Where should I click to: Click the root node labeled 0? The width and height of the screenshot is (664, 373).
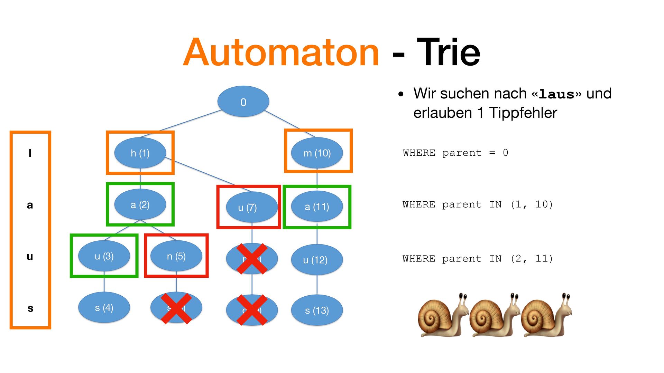[x=243, y=102]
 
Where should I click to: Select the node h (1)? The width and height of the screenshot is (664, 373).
[x=140, y=153]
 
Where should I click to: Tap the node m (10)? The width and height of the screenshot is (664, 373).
[x=317, y=153]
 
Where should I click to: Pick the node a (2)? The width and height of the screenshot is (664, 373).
[x=140, y=204]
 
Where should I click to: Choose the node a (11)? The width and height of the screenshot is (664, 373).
[x=317, y=207]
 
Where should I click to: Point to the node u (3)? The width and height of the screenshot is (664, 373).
[x=104, y=256]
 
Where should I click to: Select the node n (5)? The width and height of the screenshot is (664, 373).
[x=176, y=256]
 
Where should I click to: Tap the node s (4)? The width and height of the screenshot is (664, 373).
[x=104, y=307]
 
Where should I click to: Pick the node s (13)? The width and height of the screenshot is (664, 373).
[x=317, y=310]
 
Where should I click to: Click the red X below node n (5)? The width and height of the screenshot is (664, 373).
[x=176, y=308]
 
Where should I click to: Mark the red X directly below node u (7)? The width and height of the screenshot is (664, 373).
[x=252, y=259]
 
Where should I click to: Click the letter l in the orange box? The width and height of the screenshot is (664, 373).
[x=30, y=153]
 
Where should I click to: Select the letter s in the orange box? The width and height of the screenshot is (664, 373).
[x=30, y=308]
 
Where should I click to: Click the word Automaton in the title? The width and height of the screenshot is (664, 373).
[x=281, y=52]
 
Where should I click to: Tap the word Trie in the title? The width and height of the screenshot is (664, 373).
[x=448, y=52]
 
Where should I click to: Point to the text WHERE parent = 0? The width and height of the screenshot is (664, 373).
[x=455, y=153]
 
